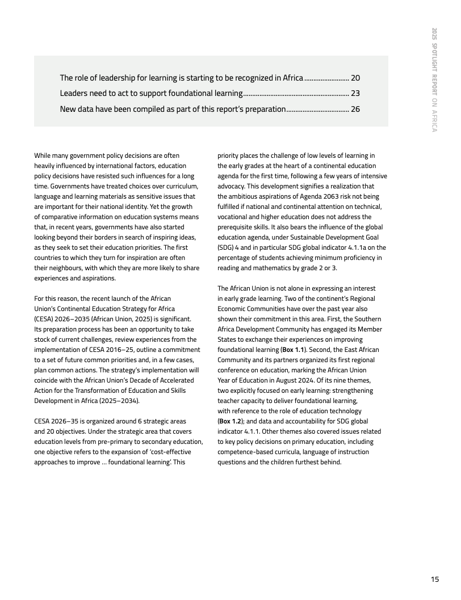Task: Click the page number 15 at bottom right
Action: [x=435, y=580]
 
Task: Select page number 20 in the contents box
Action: [x=355, y=78]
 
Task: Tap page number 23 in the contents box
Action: [x=355, y=93]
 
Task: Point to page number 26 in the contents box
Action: [x=355, y=109]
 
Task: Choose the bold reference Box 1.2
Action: [x=229, y=421]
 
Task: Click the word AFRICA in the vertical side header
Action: [x=434, y=119]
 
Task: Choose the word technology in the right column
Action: [x=342, y=411]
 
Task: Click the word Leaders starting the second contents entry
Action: [x=74, y=93]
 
